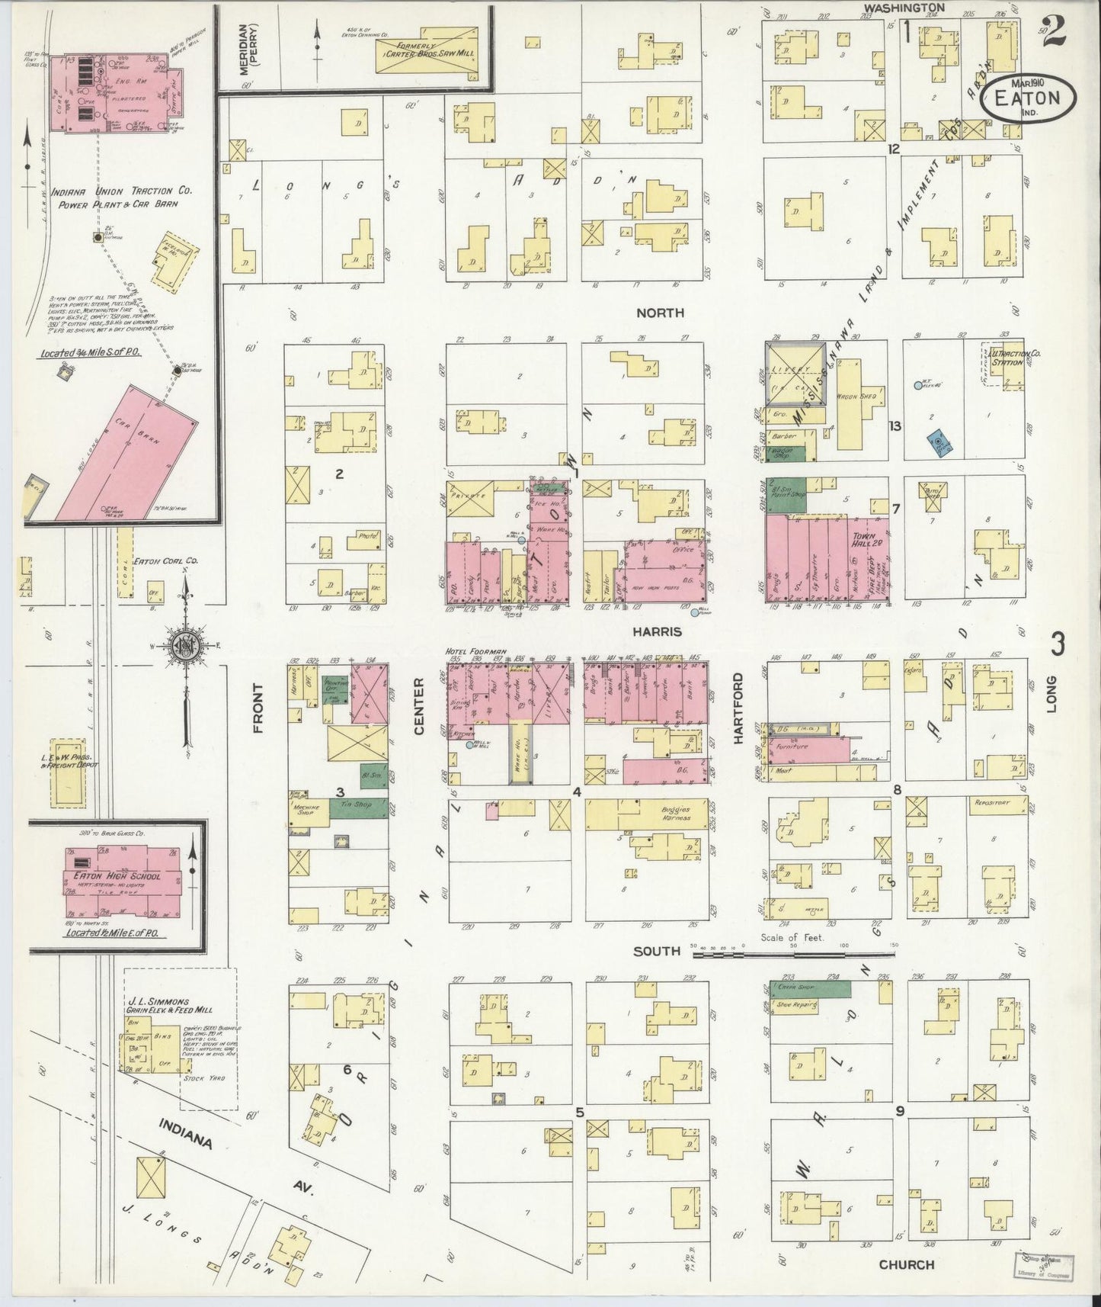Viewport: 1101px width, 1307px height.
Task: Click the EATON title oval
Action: pos(1029,98)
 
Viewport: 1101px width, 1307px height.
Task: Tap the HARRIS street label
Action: pos(661,632)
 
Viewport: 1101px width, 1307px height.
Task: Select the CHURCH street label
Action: pos(906,1264)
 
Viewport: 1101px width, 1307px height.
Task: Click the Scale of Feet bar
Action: pos(792,954)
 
